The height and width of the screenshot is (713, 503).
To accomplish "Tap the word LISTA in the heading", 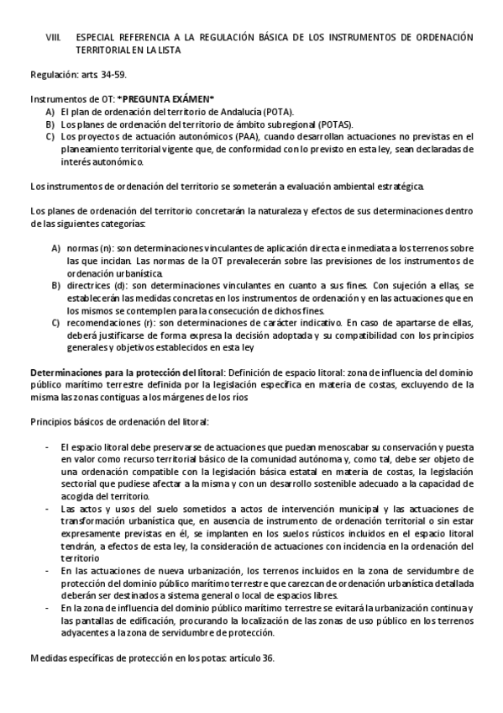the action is (166, 50).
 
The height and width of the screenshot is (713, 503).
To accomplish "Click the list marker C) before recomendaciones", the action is (56, 323).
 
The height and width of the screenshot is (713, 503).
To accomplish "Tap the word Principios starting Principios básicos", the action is (50, 420).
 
